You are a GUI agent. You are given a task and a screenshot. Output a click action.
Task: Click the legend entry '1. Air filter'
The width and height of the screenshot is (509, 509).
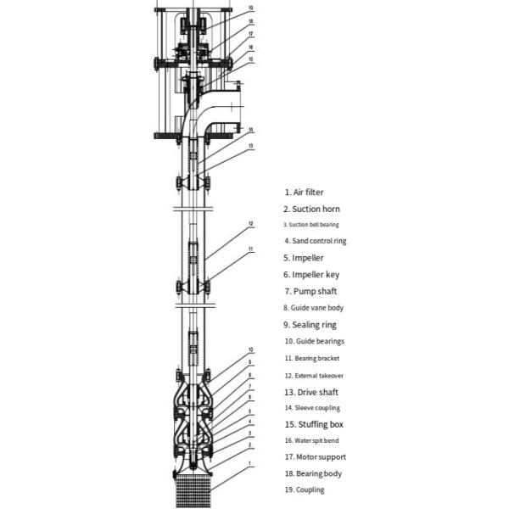coord(304,193)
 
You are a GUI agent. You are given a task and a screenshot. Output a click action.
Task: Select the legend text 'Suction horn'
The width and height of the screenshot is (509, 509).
coord(316,209)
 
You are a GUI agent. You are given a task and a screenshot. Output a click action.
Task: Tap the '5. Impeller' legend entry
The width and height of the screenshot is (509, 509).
coord(304,258)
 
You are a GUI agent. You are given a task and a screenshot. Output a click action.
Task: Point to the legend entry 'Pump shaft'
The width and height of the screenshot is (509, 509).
coord(315,291)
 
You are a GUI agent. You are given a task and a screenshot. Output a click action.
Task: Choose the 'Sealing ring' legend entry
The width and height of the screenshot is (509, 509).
coord(314,325)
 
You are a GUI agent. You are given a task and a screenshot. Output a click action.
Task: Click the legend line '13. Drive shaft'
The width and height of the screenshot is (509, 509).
coord(311,392)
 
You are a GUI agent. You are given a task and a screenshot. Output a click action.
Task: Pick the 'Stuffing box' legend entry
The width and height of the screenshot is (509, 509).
coord(321,424)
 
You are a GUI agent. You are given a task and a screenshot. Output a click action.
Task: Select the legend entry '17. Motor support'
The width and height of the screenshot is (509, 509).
coord(316,457)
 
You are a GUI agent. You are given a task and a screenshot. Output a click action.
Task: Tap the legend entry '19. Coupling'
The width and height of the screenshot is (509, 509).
coord(305,489)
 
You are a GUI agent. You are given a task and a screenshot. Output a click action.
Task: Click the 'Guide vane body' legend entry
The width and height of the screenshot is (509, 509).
coord(316,308)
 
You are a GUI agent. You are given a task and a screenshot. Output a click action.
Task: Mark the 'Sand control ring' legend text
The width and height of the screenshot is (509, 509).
coord(319,241)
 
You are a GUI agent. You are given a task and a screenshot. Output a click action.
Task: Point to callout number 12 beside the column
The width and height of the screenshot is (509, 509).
coord(250,224)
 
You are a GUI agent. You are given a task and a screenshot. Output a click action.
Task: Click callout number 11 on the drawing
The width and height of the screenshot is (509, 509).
coord(250,249)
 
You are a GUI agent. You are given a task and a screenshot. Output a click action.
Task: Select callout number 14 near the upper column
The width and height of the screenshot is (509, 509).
coord(250,130)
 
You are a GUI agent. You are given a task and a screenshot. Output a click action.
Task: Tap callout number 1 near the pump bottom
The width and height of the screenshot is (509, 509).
coord(249,463)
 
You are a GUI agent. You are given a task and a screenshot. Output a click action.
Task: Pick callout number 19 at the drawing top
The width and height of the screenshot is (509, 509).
coord(250,8)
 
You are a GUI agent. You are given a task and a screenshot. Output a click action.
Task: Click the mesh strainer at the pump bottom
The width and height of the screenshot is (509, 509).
coord(193,491)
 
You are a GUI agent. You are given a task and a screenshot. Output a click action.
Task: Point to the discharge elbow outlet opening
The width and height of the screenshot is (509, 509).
coord(240,106)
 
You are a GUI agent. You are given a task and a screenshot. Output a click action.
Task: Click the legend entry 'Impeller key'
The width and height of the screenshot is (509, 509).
coord(316,275)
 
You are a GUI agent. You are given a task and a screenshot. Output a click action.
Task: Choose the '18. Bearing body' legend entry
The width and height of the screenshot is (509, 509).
coord(313,473)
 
